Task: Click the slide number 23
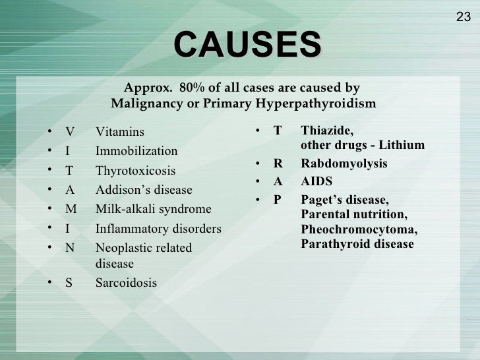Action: click(x=464, y=17)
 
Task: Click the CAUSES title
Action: click(x=247, y=45)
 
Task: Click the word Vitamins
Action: click(x=119, y=132)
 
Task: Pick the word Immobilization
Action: click(x=136, y=151)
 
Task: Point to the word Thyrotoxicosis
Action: click(x=135, y=171)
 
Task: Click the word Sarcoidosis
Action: click(x=127, y=283)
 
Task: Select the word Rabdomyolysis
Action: click(x=344, y=164)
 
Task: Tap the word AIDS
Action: click(x=316, y=181)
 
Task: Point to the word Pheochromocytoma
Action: click(x=359, y=230)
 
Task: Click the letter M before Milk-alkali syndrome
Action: click(x=71, y=210)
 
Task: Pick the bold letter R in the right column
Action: click(x=278, y=164)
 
